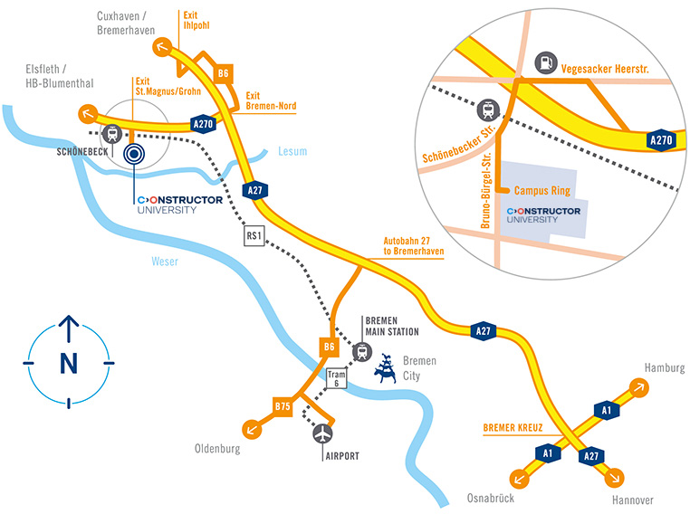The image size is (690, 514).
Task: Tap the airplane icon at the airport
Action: click(323, 433)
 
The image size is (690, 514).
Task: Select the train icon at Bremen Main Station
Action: click(363, 351)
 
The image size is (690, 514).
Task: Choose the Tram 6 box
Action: click(337, 379)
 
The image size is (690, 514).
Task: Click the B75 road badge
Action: click(283, 408)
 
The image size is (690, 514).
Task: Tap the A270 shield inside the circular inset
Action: click(662, 140)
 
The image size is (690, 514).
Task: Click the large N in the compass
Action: click(68, 363)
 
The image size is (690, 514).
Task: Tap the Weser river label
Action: click(165, 262)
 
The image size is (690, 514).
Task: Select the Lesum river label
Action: click(292, 152)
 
